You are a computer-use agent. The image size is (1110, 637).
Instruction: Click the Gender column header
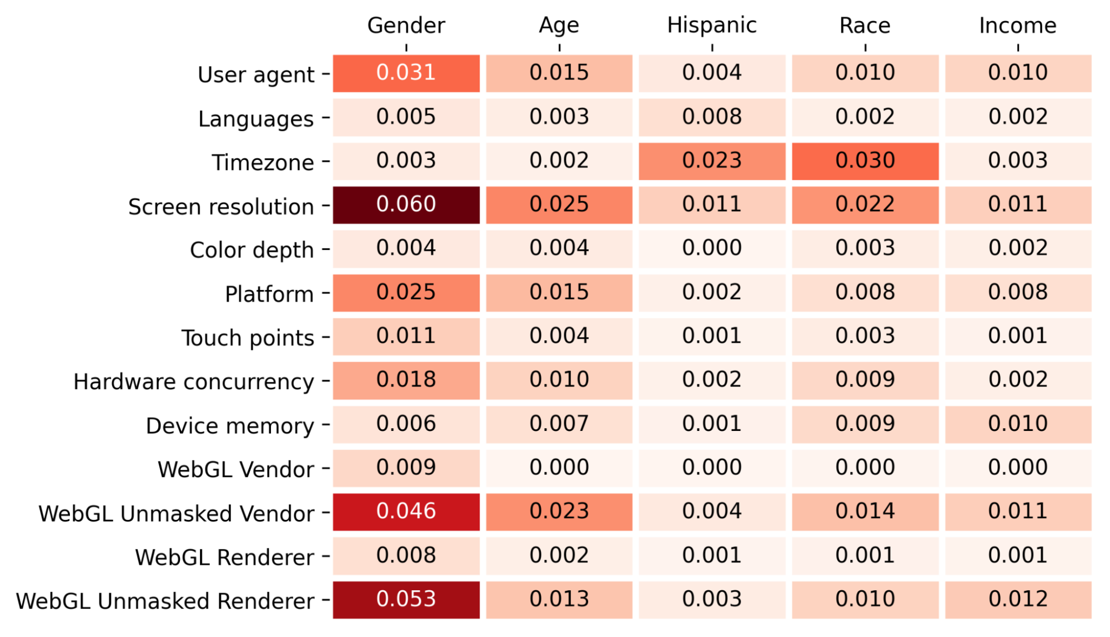(x=406, y=26)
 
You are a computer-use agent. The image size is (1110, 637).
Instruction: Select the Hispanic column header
(x=712, y=26)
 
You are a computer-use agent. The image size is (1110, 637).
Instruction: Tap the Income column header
(x=1018, y=26)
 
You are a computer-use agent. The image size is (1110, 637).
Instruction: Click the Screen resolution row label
(x=221, y=207)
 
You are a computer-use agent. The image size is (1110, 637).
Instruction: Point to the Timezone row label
(x=263, y=163)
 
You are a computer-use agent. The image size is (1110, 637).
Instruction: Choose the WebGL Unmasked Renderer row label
(x=165, y=601)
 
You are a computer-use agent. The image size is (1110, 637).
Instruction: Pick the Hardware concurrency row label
(x=194, y=382)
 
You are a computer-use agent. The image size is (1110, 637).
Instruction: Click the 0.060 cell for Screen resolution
(x=406, y=205)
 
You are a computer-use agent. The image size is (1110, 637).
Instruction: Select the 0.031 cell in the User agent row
(x=406, y=73)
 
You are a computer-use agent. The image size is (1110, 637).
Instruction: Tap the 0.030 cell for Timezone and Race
(x=865, y=161)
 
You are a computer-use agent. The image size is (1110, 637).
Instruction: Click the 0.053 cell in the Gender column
(x=406, y=600)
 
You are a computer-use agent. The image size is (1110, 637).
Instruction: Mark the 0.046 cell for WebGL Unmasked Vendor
(x=406, y=512)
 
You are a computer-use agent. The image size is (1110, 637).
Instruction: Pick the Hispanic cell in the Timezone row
(x=712, y=161)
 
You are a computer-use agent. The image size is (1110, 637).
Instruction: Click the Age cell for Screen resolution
(x=559, y=205)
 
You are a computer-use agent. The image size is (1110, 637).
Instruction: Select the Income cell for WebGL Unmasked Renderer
(x=1018, y=600)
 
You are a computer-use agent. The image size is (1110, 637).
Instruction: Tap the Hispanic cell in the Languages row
(x=712, y=117)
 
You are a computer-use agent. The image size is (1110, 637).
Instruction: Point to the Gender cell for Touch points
(x=406, y=337)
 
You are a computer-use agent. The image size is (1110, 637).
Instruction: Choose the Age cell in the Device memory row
(x=559, y=424)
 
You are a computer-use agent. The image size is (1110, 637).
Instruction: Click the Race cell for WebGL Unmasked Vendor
(x=865, y=512)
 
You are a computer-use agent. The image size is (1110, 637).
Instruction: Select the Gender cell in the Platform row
(x=406, y=293)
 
